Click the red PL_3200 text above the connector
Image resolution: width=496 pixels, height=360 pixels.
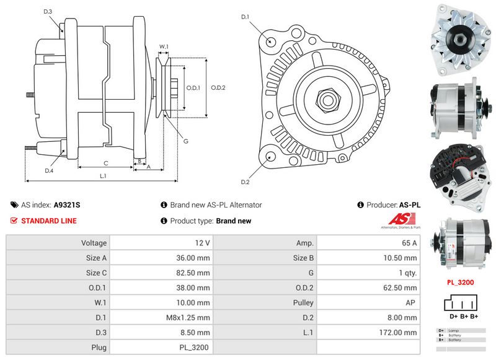pyautogui.click(x=461, y=282)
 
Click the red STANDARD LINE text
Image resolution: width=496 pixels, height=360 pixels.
pyautogui.click(x=50, y=221)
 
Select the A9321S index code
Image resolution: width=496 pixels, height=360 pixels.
pyautogui.click(x=67, y=204)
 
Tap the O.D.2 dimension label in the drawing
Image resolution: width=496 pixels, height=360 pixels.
pyautogui.click(x=218, y=87)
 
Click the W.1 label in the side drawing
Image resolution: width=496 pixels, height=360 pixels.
pyautogui.click(x=164, y=46)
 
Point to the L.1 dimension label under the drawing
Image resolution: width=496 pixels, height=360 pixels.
pyautogui.click(x=103, y=176)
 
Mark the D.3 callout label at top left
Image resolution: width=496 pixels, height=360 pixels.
pyautogui.click(x=48, y=11)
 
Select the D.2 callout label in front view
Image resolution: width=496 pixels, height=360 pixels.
pyautogui.click(x=244, y=182)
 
